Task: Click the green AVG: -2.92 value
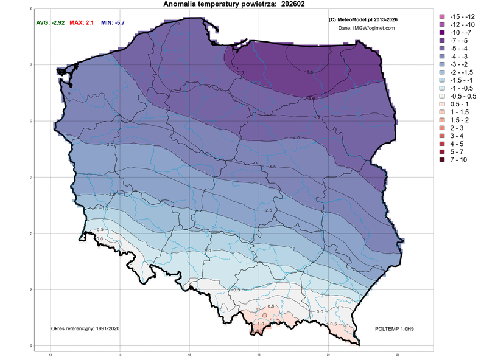click(x=51, y=22)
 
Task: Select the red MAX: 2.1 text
click(x=86, y=22)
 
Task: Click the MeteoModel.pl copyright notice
click(x=363, y=19)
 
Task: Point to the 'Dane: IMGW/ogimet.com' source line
click(x=365, y=28)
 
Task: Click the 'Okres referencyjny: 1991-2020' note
click(x=85, y=328)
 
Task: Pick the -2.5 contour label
click(x=267, y=210)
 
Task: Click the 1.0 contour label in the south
click(x=261, y=324)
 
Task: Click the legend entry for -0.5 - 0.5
click(x=457, y=96)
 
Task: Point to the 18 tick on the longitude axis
click(x=189, y=355)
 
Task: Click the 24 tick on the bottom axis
click(x=398, y=355)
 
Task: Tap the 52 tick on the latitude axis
click(x=32, y=177)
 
